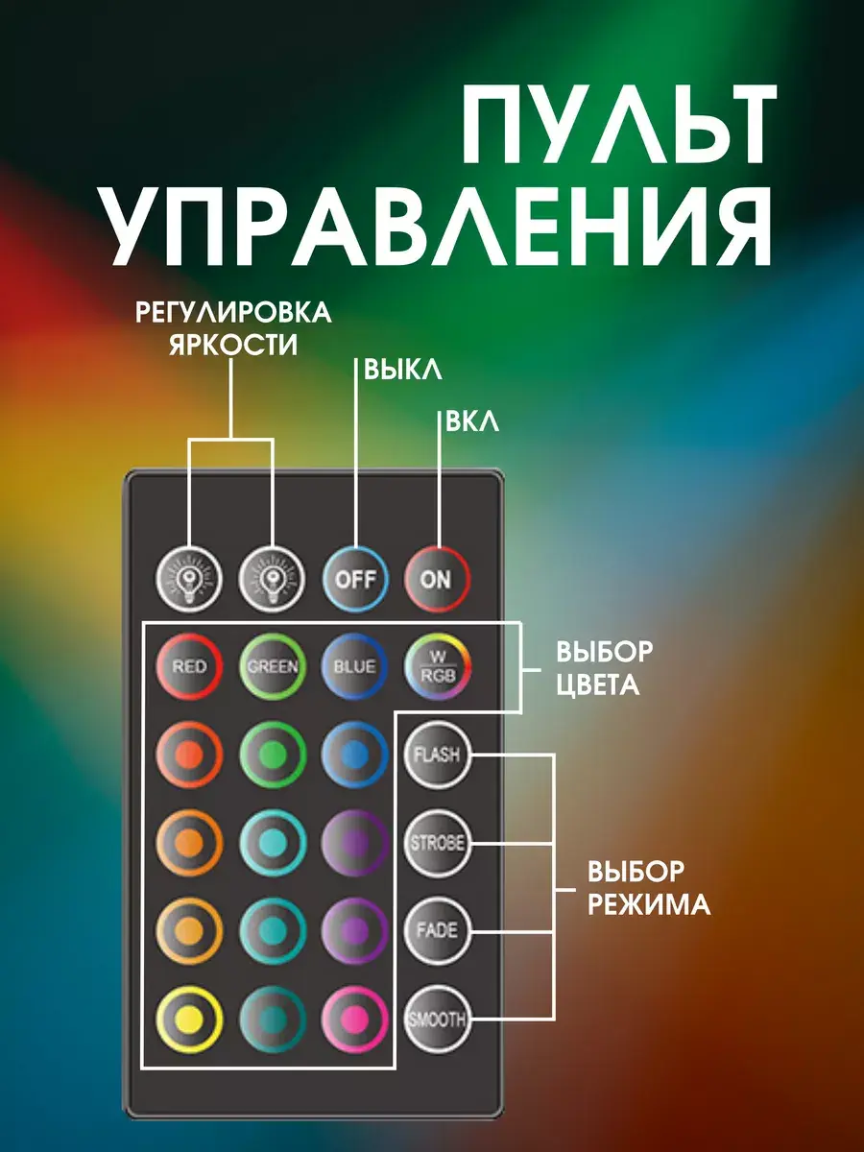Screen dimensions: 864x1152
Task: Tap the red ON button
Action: [436, 579]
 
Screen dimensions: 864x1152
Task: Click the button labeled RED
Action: [189, 665]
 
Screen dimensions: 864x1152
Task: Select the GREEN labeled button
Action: [273, 665]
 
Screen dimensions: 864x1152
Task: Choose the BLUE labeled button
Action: [355, 665]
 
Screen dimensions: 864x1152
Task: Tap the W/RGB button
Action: [438, 665]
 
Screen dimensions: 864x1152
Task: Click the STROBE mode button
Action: [437, 844]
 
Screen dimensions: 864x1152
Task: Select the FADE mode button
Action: [437, 930]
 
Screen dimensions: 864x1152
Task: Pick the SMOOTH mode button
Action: [437, 1020]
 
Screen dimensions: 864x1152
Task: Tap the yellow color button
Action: [189, 1020]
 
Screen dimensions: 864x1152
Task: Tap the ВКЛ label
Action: [472, 422]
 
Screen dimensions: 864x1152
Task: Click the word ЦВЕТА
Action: [597, 687]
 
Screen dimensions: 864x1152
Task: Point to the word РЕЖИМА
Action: [649, 904]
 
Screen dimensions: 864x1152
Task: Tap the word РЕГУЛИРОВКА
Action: [232, 312]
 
